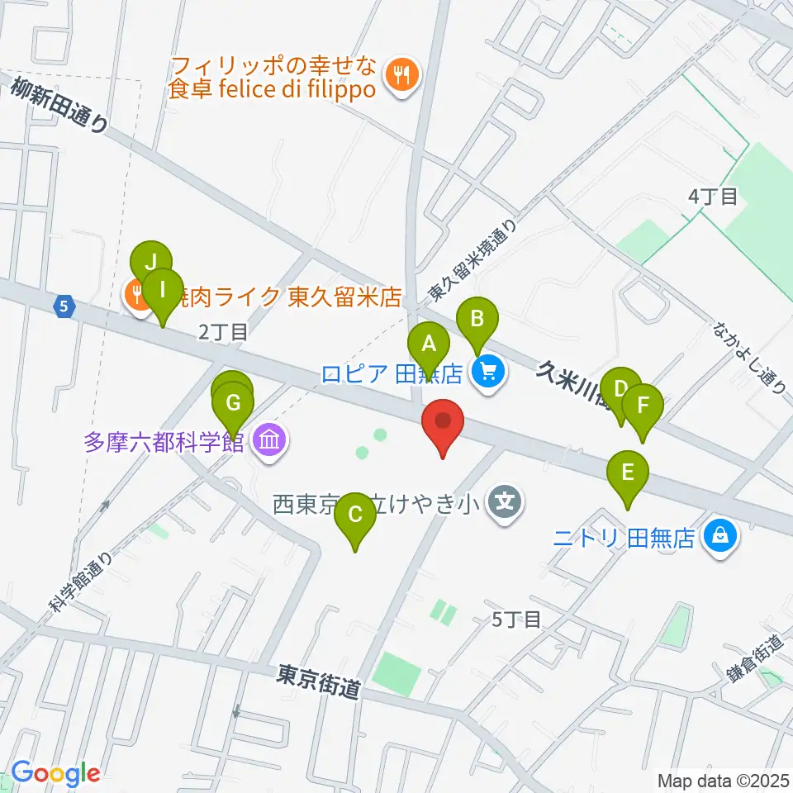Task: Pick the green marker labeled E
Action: click(x=628, y=474)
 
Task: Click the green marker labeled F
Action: click(x=642, y=407)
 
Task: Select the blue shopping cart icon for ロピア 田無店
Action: click(x=488, y=374)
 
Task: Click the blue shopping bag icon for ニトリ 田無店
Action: click(x=721, y=539)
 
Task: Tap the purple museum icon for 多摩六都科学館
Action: click(x=269, y=441)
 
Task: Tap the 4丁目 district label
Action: click(x=713, y=197)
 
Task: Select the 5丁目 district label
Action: click(x=516, y=619)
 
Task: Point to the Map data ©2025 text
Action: click(x=722, y=779)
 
